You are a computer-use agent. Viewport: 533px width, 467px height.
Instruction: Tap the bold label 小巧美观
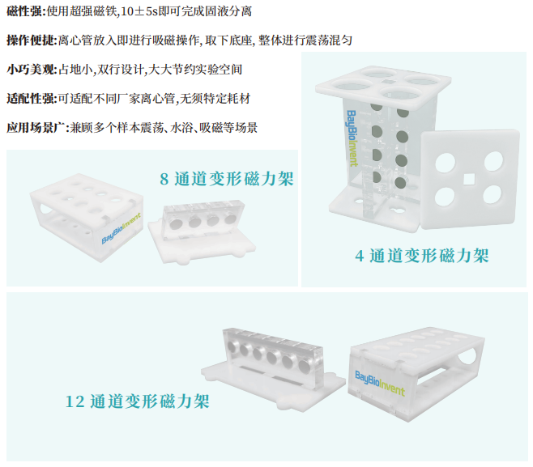click(x=28, y=70)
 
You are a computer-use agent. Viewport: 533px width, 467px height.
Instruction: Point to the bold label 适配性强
click(x=28, y=99)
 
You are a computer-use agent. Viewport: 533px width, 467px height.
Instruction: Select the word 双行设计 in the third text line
click(x=133, y=70)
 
